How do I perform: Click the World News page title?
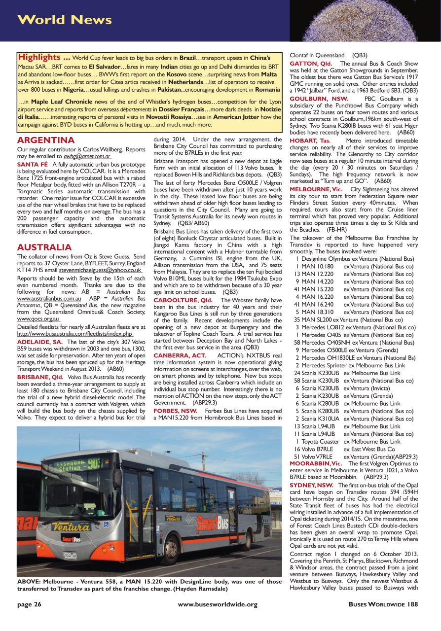pyautogui.click(x=65, y=20)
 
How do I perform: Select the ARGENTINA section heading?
pyautogui.click(x=45, y=140)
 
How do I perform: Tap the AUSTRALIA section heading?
pyautogui.click(x=44, y=247)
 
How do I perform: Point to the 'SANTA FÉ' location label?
pyautogui.click(x=32, y=164)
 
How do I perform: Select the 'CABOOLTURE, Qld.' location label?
pyautogui.click(x=183, y=300)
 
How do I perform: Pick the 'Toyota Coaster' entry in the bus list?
pyautogui.click(x=320, y=441)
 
